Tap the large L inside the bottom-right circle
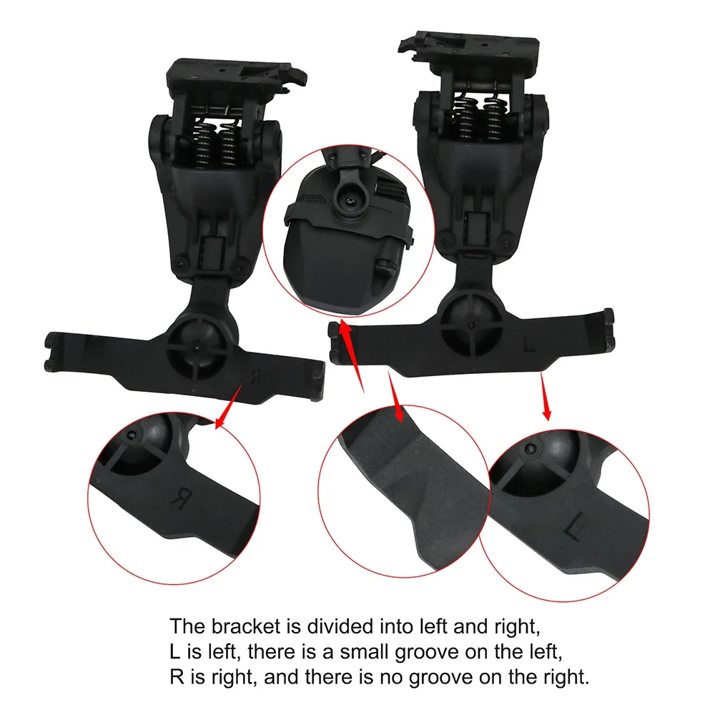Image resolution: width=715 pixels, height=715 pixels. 573,531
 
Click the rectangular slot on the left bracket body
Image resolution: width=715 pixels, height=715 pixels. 209,251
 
